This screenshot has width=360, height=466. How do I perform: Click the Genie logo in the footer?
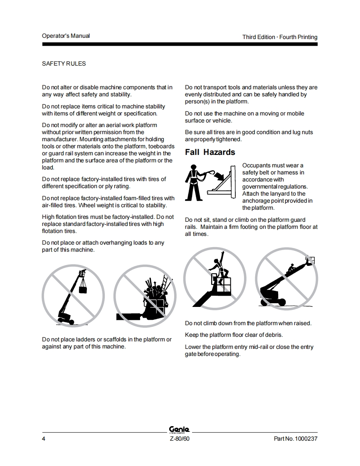pos(180,429)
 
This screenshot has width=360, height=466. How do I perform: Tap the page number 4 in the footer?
pos(43,439)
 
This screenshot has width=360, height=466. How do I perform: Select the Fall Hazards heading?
pos(210,152)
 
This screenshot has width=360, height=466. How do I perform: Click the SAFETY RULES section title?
pos(64,64)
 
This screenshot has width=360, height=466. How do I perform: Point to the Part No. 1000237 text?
pos(296,439)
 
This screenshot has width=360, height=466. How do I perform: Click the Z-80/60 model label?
pos(180,439)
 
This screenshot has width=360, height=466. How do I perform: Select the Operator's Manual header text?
pos(66,36)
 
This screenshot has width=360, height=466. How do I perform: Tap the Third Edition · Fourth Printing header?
pos(280,37)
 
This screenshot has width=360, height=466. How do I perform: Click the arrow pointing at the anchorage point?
pos(219,175)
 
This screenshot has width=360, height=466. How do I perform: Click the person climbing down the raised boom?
pos(291,269)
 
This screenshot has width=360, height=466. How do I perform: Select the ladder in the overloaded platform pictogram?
pos(164,283)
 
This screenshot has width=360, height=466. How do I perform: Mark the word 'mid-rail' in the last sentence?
pos(258,347)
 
